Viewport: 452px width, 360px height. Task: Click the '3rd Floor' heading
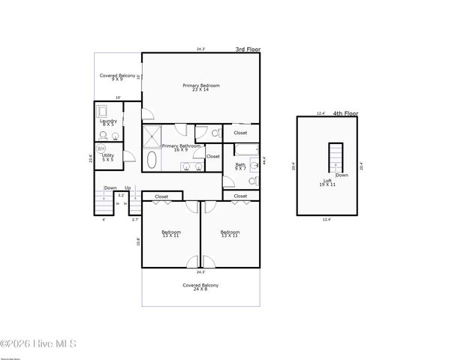(247, 49)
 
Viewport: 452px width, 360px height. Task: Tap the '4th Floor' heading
(346, 113)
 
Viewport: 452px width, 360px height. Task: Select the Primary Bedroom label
(201, 87)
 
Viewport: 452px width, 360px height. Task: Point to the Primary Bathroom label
(181, 148)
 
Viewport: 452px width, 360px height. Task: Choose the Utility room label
(108, 157)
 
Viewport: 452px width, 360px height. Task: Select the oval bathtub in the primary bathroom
(152, 160)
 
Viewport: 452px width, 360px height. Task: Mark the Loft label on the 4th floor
(328, 182)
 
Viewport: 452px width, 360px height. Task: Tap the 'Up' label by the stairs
(128, 188)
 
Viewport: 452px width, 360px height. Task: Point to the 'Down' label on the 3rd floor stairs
(110, 188)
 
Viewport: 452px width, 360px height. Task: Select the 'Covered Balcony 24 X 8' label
(201, 287)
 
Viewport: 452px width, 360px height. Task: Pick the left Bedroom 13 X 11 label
(170, 234)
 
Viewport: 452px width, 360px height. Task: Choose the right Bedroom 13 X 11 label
(229, 234)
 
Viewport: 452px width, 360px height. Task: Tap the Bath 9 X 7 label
(240, 166)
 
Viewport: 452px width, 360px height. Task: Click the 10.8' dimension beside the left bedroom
(138, 241)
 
